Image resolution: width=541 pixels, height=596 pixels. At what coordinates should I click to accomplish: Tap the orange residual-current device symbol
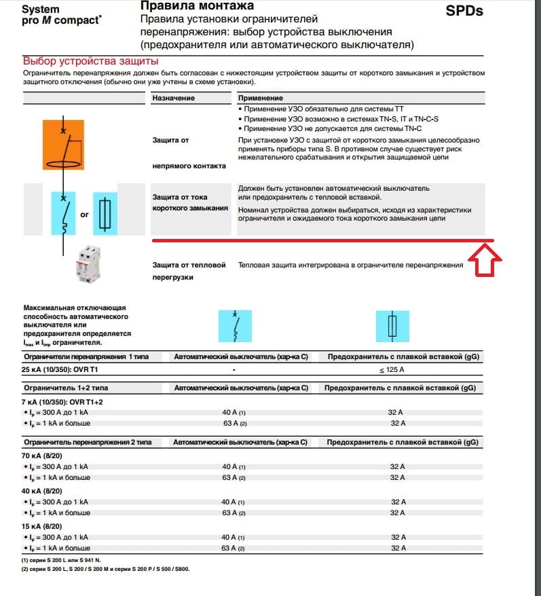[63, 144]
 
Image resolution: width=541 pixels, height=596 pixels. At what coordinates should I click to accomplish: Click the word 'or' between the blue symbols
[85, 215]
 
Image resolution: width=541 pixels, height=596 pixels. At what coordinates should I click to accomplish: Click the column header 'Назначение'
[173, 98]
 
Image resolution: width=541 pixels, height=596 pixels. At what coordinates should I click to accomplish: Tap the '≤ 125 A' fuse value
[392, 369]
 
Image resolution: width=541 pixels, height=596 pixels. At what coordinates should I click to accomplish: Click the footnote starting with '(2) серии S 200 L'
[105, 568]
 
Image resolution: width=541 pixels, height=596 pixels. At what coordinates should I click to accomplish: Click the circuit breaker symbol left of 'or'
[63, 213]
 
